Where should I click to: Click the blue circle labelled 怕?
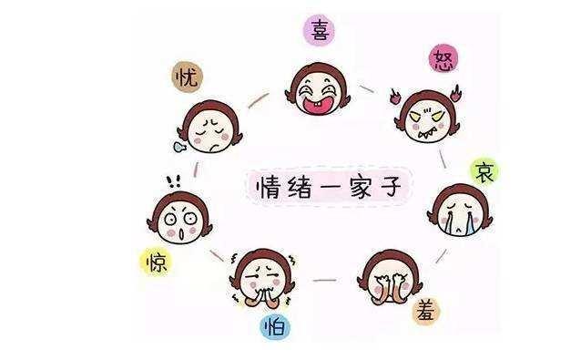coord(274,325)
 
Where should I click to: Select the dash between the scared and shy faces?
coord(325,280)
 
